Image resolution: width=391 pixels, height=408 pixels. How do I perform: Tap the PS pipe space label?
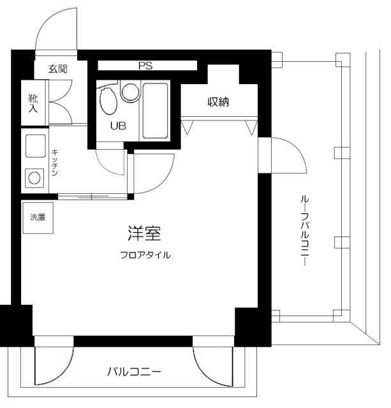[x=145, y=65]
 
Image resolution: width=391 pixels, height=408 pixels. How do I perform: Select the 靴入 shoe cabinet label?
[x=32, y=103]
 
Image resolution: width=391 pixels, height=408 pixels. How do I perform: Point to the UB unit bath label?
[x=118, y=125]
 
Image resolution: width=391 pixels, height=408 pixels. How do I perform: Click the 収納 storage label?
[x=218, y=101]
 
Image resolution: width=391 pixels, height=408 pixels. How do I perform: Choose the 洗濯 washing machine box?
[x=38, y=217]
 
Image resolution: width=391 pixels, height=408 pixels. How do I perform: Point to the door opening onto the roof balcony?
[x=281, y=153]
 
